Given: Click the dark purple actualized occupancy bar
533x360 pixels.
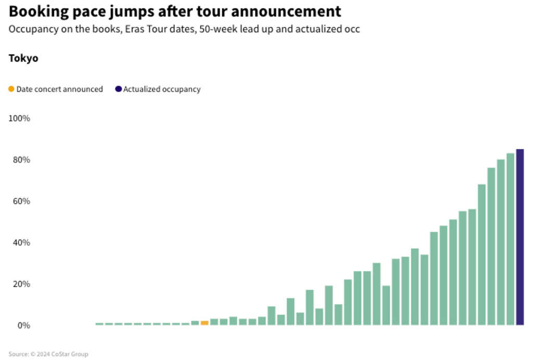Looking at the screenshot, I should [519, 237].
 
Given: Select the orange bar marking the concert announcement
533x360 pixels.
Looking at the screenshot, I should [205, 323].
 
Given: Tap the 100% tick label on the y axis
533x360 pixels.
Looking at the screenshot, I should [19, 118].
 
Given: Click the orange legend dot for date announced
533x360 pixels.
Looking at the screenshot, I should [11, 89].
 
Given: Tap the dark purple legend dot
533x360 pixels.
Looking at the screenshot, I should [119, 89].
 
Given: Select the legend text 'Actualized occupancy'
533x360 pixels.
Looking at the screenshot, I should [161, 89].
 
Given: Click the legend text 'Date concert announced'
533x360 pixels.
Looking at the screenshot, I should [59, 89].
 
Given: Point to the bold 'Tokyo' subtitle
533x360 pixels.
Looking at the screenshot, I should [23, 58].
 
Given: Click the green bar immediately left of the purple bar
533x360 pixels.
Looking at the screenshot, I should [510, 239].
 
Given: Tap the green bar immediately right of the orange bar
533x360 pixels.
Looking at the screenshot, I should [214, 322].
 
